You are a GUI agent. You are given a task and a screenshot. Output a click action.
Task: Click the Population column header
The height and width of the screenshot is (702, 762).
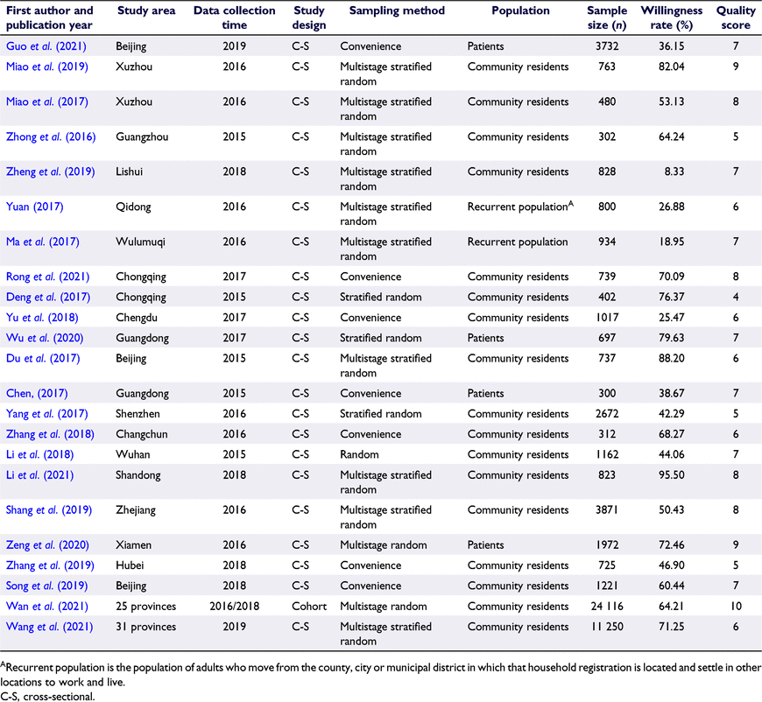(520, 11)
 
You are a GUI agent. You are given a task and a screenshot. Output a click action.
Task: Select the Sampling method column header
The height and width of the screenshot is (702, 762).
(397, 11)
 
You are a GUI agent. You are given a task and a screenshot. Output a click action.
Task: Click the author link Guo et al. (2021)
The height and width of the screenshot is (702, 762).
(46, 46)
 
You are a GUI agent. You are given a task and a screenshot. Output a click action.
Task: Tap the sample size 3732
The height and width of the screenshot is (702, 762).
(607, 46)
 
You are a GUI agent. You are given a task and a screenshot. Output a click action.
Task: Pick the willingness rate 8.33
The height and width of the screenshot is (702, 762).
(674, 172)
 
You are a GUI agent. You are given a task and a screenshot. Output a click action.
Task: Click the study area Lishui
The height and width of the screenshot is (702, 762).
(130, 172)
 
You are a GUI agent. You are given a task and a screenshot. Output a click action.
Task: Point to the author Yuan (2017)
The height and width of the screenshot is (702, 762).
(34, 207)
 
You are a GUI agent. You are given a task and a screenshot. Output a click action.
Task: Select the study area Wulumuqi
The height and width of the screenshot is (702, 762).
(140, 242)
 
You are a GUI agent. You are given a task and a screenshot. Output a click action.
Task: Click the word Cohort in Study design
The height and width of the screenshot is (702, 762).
(309, 606)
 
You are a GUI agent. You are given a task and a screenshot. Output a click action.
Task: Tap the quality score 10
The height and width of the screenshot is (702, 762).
(736, 606)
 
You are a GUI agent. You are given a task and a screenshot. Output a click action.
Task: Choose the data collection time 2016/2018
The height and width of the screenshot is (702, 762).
(234, 606)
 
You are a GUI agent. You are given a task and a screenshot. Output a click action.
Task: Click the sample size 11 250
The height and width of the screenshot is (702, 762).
(607, 626)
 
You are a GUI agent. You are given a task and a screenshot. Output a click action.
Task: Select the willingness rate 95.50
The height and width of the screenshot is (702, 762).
(672, 474)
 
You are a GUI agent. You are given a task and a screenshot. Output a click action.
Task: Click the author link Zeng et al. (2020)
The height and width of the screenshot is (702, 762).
(47, 544)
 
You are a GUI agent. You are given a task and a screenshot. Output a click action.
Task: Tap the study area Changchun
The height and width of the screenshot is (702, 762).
(141, 434)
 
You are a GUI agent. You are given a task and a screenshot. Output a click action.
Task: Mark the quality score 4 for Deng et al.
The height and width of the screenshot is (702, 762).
(736, 297)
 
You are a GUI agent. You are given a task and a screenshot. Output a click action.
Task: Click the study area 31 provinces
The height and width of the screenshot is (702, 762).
(145, 626)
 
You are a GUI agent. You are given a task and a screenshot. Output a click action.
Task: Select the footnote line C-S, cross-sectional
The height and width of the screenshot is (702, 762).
(47, 696)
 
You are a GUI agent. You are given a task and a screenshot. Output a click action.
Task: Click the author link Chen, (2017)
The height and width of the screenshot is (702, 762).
(37, 393)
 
